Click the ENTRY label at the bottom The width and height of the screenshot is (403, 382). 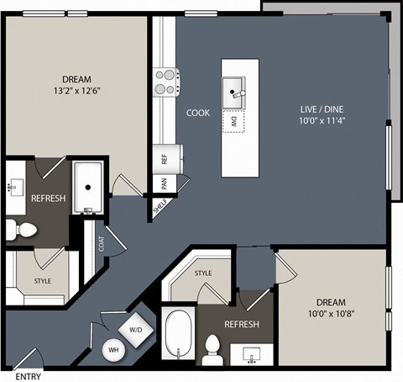click(x=29, y=376)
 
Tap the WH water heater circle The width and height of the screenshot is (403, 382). click(x=113, y=350)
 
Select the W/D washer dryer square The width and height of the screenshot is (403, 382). click(x=136, y=330)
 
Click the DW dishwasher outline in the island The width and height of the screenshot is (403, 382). click(x=233, y=121)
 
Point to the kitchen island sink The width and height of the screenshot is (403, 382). click(x=233, y=93)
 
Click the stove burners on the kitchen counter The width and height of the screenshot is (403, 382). click(x=166, y=82)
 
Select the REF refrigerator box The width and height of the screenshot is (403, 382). click(x=168, y=159)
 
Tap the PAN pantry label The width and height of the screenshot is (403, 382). click(x=165, y=183)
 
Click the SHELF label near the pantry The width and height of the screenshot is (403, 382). click(x=160, y=206)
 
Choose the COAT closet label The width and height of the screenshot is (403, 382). click(x=102, y=244)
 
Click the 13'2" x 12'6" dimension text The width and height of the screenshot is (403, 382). click(x=77, y=91)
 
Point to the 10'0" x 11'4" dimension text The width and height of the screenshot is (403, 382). click(x=322, y=121)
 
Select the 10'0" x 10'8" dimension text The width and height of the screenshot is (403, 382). click(x=332, y=314)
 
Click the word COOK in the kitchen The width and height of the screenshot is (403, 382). click(x=198, y=113)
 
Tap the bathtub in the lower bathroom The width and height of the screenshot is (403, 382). click(x=179, y=333)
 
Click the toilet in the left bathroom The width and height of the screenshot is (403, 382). click(x=21, y=230)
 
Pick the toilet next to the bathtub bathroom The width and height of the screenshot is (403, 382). click(x=212, y=350)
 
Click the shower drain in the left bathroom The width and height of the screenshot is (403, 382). click(x=88, y=188)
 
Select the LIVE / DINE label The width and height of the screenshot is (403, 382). click(x=322, y=109)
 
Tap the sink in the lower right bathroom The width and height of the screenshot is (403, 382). click(x=251, y=355)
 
